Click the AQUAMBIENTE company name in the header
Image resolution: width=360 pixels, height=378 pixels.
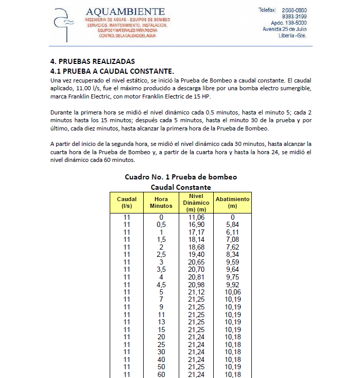click(x=125, y=11)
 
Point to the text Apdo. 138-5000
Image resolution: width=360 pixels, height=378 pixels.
click(x=288, y=23)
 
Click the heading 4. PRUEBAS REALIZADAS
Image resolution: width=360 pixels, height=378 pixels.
click(x=92, y=61)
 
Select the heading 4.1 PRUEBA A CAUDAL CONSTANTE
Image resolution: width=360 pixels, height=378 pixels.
click(x=112, y=71)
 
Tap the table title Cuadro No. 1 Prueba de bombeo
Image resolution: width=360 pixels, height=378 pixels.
click(x=180, y=177)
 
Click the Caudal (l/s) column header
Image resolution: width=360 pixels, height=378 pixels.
click(x=127, y=202)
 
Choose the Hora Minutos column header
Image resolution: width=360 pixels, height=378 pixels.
click(x=161, y=202)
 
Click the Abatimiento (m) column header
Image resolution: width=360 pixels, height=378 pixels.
click(x=232, y=202)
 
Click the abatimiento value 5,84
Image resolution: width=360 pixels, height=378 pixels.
click(x=232, y=225)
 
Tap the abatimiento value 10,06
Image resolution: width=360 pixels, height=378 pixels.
click(x=232, y=292)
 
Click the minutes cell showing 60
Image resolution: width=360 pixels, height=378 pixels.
click(x=161, y=374)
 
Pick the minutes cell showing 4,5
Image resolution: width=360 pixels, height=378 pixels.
click(x=161, y=285)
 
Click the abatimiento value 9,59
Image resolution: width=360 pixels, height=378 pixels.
click(x=232, y=262)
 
